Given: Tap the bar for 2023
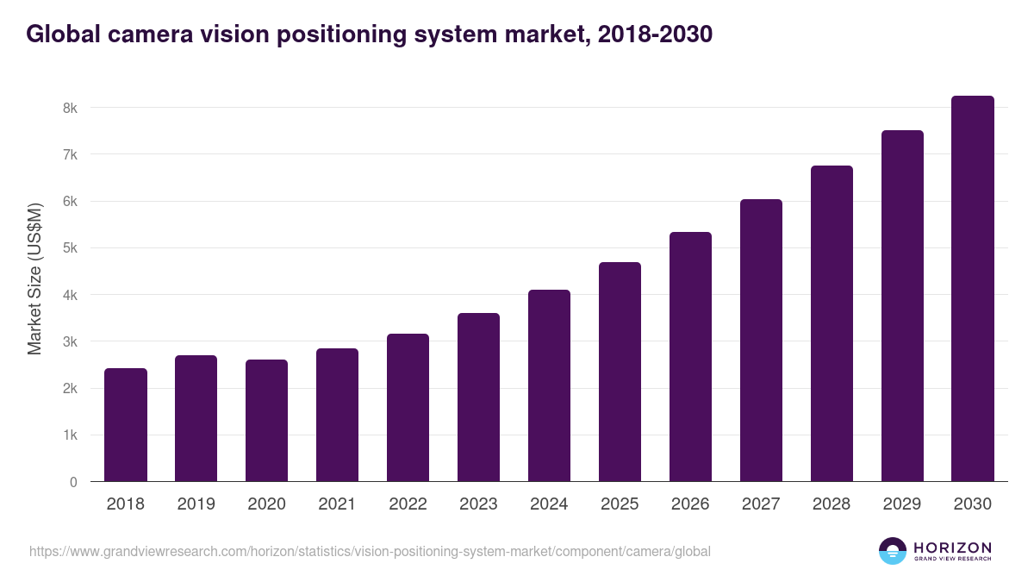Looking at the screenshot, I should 479,397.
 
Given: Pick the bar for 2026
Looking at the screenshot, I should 691,357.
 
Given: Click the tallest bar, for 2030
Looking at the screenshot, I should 973,289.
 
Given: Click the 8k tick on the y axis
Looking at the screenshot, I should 69,109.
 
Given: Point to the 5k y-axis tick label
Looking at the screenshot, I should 69,248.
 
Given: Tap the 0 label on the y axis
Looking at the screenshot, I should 73,482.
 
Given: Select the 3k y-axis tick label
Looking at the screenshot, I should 69,342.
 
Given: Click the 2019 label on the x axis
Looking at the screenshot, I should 196,504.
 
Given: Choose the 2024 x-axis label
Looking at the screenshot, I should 550,504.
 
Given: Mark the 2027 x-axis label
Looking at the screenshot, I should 762,504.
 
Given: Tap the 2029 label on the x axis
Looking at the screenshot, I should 902,504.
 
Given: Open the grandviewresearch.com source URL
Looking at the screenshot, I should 370,551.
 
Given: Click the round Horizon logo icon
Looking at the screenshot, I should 893,551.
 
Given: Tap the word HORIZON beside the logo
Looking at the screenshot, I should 952,548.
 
